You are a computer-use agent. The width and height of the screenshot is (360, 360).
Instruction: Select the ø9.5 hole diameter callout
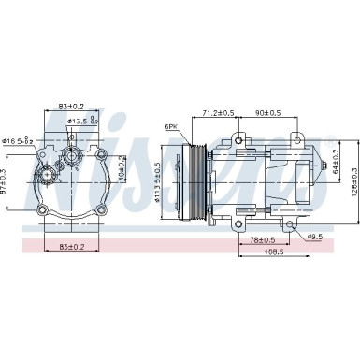point(315,236)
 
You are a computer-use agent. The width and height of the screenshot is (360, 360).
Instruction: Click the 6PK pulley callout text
point(171,127)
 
